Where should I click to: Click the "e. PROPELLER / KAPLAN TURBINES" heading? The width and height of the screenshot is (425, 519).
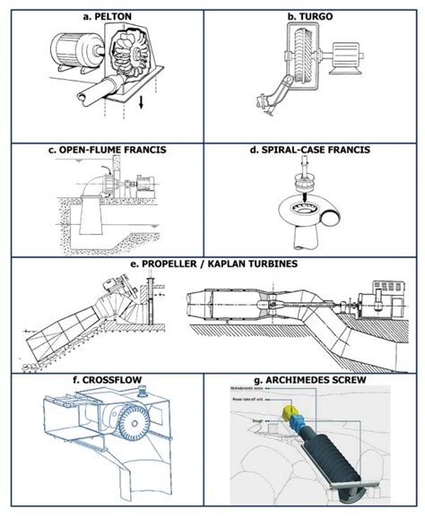coord(212,265)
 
